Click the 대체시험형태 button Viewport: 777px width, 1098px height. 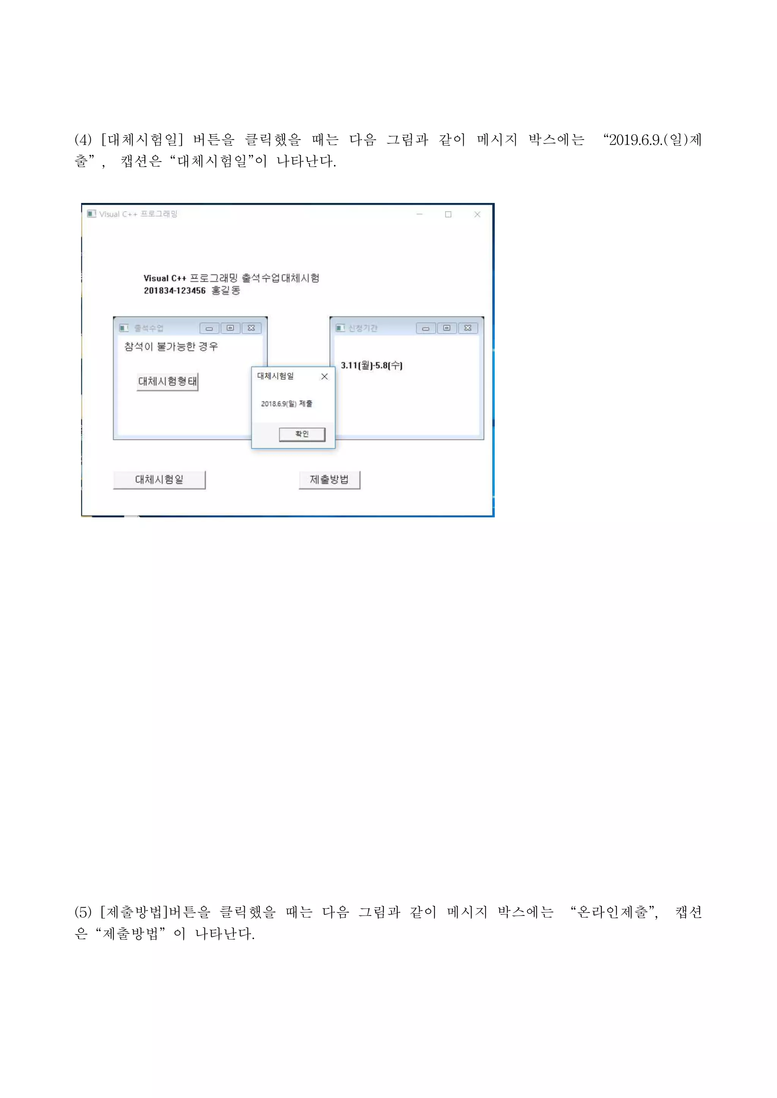pos(167,381)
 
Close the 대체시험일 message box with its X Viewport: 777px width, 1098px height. pos(324,376)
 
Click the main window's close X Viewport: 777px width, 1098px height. pos(477,214)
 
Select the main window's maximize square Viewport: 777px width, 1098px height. pos(448,214)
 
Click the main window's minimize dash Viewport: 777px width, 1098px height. pos(420,214)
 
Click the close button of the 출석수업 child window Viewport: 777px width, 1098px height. pos(251,328)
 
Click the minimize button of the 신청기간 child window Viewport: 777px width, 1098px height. pos(425,328)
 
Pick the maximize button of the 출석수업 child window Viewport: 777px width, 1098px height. pos(230,328)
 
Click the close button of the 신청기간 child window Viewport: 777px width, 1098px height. pos(468,328)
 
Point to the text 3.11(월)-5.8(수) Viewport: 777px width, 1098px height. pos(371,365)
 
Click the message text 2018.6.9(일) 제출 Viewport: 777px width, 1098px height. pos(286,404)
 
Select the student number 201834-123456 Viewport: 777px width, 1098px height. pos(175,290)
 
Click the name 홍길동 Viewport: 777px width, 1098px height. pos(226,290)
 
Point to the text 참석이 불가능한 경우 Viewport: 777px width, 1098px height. pos(171,346)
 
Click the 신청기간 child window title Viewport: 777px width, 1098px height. pos(363,328)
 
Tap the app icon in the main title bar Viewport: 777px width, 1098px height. pos(91,214)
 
